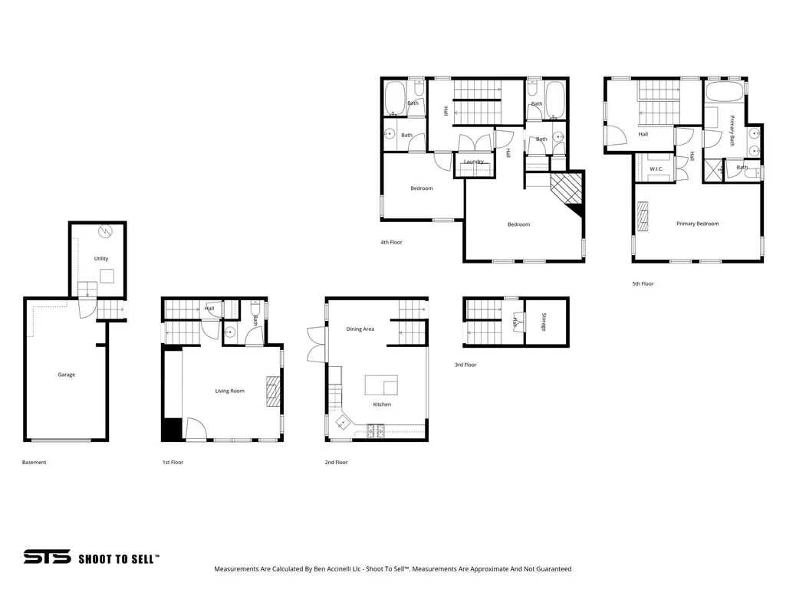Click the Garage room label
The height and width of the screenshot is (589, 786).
point(66,375)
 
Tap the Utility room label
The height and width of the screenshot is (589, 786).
point(101,258)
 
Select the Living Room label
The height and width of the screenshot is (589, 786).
point(229,391)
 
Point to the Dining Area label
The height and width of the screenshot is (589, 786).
point(360,329)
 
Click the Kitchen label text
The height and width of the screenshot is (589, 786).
point(382,404)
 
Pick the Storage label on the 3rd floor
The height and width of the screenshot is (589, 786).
point(544,322)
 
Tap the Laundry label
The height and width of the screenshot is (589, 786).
point(474,162)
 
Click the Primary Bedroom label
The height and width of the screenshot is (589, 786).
point(697,224)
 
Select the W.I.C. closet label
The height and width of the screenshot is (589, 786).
point(656,169)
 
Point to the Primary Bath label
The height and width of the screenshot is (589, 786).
point(732,131)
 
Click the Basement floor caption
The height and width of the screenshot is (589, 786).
point(34,463)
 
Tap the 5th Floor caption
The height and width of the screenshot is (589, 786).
point(643,283)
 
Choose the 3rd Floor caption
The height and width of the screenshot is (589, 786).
point(465,365)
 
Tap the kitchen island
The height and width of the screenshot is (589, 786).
point(381,385)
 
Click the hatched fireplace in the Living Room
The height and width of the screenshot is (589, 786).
point(273,391)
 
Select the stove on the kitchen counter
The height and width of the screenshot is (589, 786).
point(376,430)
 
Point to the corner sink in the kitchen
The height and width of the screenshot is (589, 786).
point(343,422)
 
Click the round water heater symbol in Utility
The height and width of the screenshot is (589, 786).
point(105,231)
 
